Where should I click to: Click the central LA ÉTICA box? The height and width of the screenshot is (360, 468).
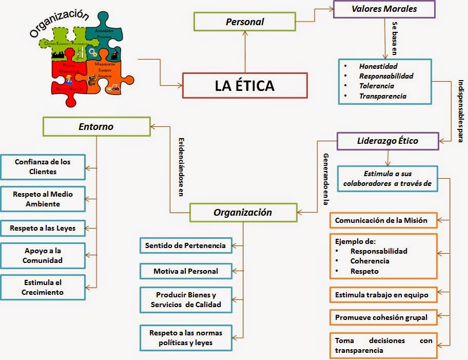pyautogui.click(x=245, y=86)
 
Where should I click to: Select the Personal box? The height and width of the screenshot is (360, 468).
pyautogui.click(x=245, y=22)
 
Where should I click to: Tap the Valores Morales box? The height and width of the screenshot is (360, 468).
pyautogui.click(x=384, y=9)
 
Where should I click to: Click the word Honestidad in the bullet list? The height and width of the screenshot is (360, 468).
pyautogui.click(x=378, y=66)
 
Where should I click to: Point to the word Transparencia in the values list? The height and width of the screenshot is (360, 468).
pyautogui.click(x=382, y=96)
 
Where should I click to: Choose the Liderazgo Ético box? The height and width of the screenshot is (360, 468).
pyautogui.click(x=387, y=141)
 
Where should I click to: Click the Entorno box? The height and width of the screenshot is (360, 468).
pyautogui.click(x=96, y=126)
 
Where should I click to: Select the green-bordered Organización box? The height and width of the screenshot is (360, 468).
pyautogui.click(x=243, y=212)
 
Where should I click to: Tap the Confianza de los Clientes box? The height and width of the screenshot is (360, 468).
pyautogui.click(x=43, y=166)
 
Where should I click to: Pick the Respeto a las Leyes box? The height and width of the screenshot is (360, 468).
pyautogui.click(x=43, y=228)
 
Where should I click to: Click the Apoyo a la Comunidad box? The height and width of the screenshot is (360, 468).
pyautogui.click(x=43, y=255)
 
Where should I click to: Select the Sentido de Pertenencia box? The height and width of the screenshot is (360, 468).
pyautogui.click(x=185, y=245)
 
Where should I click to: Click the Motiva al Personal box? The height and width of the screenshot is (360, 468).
pyautogui.click(x=185, y=271)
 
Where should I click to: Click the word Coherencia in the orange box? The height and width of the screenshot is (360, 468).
pyautogui.click(x=369, y=261)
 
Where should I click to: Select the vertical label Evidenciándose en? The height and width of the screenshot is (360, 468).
pyautogui.click(x=181, y=167)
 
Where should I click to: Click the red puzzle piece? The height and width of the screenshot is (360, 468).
pyautogui.click(x=68, y=77)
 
